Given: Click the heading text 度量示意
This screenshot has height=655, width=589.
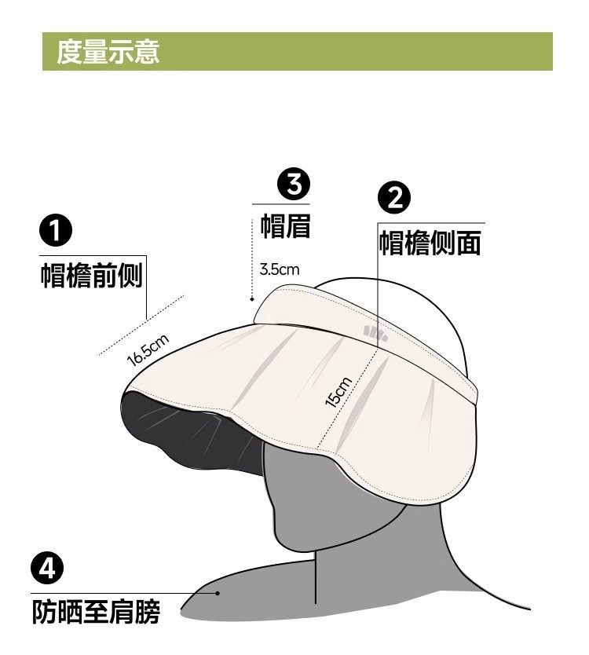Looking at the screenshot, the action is point(108,52).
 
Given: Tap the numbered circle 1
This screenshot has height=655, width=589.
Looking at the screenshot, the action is point(56,230).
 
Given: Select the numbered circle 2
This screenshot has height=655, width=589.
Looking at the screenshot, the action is point(394,198).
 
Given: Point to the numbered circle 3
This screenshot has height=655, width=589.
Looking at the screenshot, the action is point(294,185).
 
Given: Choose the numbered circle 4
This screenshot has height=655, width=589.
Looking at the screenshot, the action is point(47,568).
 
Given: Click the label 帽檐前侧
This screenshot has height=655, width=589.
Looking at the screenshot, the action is point(92,276).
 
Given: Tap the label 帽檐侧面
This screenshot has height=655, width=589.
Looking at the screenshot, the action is point(430,243).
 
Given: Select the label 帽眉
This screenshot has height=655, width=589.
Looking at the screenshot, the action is point(286,226).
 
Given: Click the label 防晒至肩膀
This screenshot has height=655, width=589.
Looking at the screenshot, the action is point(96,612).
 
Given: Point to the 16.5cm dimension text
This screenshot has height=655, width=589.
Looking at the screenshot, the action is point(148,350).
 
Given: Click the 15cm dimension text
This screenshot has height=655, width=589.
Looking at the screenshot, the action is point(338,391).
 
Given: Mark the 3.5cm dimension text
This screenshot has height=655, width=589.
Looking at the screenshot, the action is point(280,269).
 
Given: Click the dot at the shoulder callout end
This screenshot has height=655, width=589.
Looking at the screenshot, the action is point(218,593).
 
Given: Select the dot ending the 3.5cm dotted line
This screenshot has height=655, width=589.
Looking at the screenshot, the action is point(252,299).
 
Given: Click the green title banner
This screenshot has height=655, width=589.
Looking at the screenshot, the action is point(298,51).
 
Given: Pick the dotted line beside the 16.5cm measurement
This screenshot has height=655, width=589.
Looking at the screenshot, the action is point(141,325).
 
